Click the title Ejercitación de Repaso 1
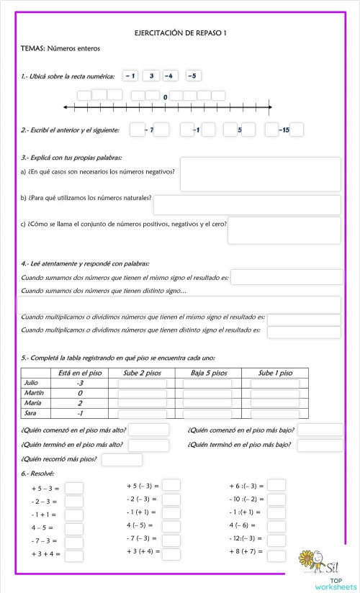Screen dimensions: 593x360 (180, 33)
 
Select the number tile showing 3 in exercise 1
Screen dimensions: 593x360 (151, 76)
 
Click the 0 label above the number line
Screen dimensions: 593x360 (166, 96)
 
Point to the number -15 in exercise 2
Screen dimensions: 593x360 (284, 130)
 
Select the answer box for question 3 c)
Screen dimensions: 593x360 (284, 230)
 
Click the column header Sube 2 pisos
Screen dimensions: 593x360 (142, 373)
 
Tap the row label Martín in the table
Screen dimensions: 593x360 (35, 394)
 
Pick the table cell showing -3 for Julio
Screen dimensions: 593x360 (80, 384)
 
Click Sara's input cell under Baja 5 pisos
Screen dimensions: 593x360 (207, 415)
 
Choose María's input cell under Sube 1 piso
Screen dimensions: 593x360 (274, 404)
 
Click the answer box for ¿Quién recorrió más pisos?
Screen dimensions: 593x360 (122, 460)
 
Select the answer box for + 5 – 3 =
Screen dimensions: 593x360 (74, 488)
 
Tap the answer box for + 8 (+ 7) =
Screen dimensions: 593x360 (276, 553)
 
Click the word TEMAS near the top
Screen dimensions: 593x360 (32, 49)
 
